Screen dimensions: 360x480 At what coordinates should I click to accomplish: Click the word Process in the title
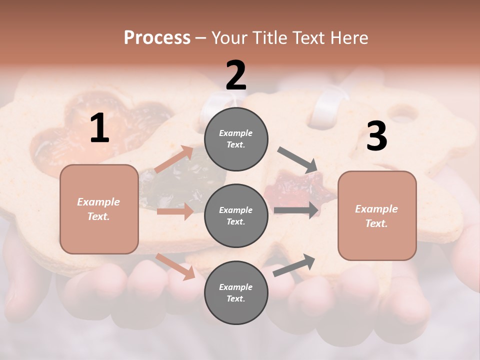point(157,38)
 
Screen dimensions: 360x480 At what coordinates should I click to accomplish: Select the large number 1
point(99,128)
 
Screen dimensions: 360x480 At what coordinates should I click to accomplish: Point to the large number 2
point(236,75)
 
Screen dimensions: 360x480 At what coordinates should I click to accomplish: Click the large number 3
point(376,136)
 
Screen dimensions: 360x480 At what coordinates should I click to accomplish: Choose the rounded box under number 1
point(99,209)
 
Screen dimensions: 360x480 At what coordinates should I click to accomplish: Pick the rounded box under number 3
point(377,215)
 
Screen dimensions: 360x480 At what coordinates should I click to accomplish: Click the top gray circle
point(236,138)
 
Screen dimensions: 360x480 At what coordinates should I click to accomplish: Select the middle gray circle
point(236,215)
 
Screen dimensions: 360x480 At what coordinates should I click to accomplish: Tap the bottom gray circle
point(236,292)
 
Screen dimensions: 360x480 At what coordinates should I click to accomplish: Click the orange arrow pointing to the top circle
point(173,159)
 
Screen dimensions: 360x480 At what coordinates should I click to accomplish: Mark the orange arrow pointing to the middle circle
point(174,211)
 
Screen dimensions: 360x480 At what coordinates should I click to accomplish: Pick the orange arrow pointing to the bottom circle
point(175,266)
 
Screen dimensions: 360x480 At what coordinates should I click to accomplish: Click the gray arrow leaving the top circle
point(297,159)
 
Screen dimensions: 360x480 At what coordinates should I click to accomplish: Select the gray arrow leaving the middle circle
point(296,210)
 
